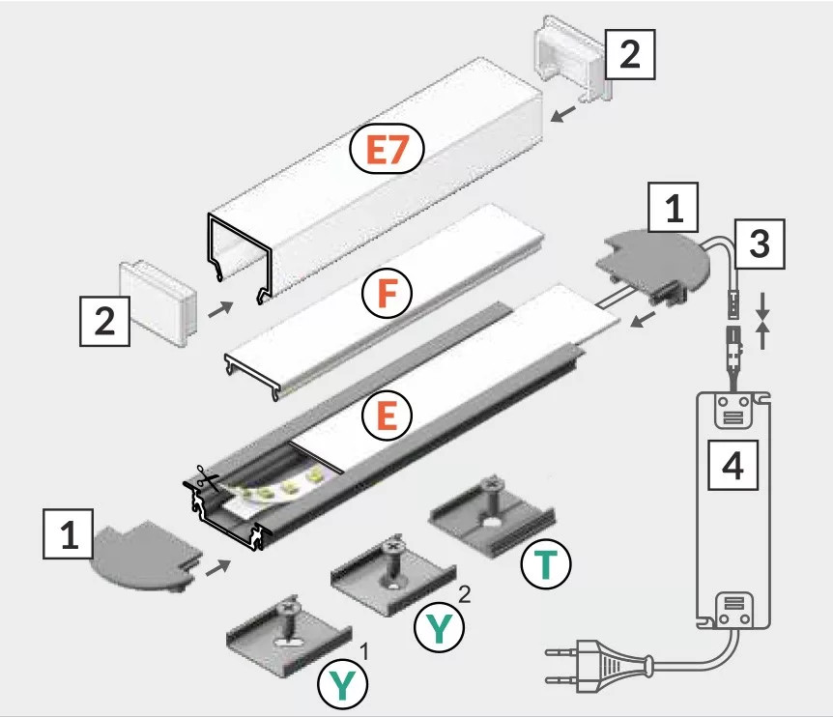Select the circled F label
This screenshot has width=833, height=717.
click(x=387, y=293)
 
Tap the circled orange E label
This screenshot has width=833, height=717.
click(x=387, y=416)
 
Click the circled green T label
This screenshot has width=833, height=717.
click(x=546, y=564)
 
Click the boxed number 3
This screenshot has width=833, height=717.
click(x=760, y=246)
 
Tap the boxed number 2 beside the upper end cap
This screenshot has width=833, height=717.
click(x=629, y=53)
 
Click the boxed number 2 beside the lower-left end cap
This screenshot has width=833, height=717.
click(x=104, y=321)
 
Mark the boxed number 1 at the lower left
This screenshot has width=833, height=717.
click(x=70, y=534)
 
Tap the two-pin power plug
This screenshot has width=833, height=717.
click(x=589, y=665)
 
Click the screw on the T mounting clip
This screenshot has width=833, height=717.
click(x=494, y=484)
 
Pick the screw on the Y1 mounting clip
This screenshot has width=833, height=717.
click(x=286, y=611)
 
